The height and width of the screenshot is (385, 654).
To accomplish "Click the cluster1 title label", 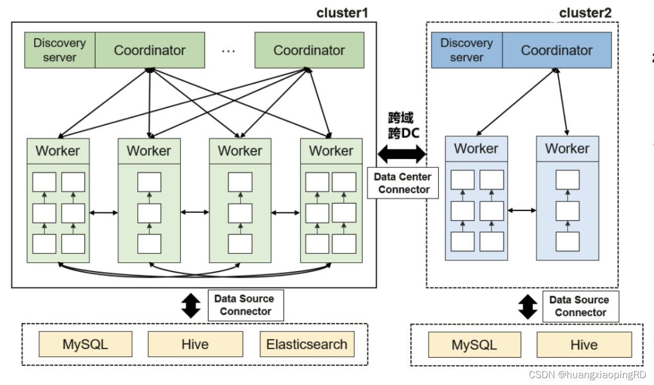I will coord(342,13).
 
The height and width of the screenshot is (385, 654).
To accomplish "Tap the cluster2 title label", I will coord(585,13).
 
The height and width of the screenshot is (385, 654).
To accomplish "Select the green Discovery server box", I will coord(60,50).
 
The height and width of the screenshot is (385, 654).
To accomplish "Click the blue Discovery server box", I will coord(466,50).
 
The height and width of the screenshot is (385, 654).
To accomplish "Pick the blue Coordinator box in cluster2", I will coord(557,50).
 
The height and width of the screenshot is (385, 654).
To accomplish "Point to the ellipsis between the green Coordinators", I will coord(228,51).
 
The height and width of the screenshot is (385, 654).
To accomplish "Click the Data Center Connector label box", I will coord(403,183).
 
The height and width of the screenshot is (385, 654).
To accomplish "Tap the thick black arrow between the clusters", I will coord(402,154).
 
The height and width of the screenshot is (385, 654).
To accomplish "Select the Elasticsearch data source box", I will coord(307,345).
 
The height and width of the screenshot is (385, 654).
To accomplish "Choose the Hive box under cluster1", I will coord(195,345).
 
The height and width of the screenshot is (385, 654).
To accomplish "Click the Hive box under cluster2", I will coord(584,345).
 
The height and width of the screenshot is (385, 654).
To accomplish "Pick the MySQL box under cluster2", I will coord(474,345).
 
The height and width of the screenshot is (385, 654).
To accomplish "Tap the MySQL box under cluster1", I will coord(85,345).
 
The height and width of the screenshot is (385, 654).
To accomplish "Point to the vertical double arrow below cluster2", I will coord(528,307).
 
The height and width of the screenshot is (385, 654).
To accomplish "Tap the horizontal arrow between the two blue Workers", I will coord(522,210).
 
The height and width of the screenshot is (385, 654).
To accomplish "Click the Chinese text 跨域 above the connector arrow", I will coord(401,117).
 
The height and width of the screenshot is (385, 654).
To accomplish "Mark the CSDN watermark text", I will coord(587,375).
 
